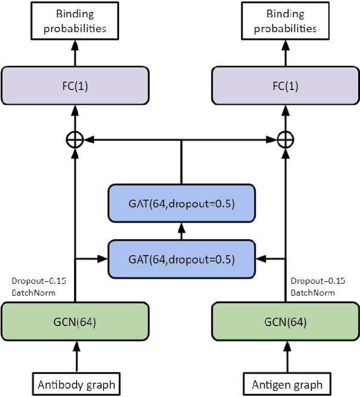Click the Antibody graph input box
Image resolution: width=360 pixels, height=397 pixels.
pyautogui.click(x=76, y=383)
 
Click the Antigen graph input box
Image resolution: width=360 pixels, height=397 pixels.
pyautogui.click(x=287, y=383)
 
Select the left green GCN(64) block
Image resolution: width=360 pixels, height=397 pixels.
pyautogui.click(x=76, y=322)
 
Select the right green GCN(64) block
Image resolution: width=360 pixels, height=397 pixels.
pyautogui.click(x=287, y=322)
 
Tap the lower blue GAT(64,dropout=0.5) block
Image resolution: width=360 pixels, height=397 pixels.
pyautogui.click(x=181, y=259)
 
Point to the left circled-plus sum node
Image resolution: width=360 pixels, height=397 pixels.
pyautogui.click(x=75, y=139)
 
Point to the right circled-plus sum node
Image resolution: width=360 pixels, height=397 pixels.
pyautogui.click(x=287, y=139)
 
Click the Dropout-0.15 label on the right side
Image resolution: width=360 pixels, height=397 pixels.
pyautogui.click(x=318, y=281)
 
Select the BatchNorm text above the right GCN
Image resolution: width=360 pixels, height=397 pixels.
pyautogui.click(x=313, y=292)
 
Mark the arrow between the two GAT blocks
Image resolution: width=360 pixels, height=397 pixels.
pyautogui.click(x=181, y=232)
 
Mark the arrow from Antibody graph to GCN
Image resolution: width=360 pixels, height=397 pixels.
pyautogui.click(x=76, y=356)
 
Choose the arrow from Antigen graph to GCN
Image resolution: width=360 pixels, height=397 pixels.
pyautogui.click(x=287, y=356)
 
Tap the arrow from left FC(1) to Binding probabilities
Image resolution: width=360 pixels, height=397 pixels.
pyautogui.click(x=75, y=54)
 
